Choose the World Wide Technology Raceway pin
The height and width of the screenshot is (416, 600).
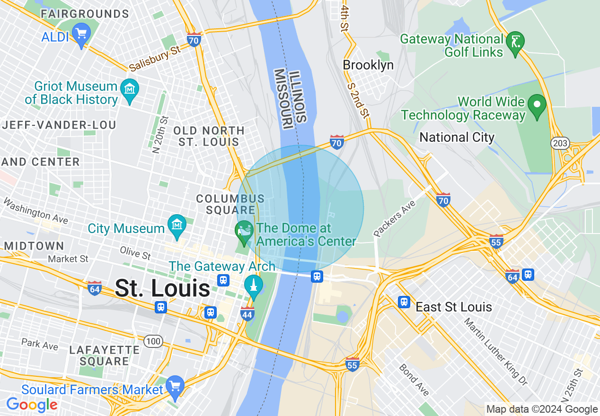click(537, 105)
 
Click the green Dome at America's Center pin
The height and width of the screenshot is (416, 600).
click(244, 232)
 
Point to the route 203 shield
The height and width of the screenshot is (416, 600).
click(560, 143)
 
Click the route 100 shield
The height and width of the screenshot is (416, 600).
click(154, 341)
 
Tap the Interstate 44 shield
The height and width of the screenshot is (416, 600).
click(247, 313)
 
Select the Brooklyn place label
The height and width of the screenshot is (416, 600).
click(368, 65)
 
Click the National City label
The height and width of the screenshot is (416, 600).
click(457, 138)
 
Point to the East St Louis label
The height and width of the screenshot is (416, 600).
click(453, 307)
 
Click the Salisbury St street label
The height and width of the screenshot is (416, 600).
click(155, 61)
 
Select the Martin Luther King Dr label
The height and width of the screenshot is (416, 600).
click(495, 351)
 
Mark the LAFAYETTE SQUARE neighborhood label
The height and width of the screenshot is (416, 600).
click(104, 355)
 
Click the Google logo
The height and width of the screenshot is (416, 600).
click(32, 405)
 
